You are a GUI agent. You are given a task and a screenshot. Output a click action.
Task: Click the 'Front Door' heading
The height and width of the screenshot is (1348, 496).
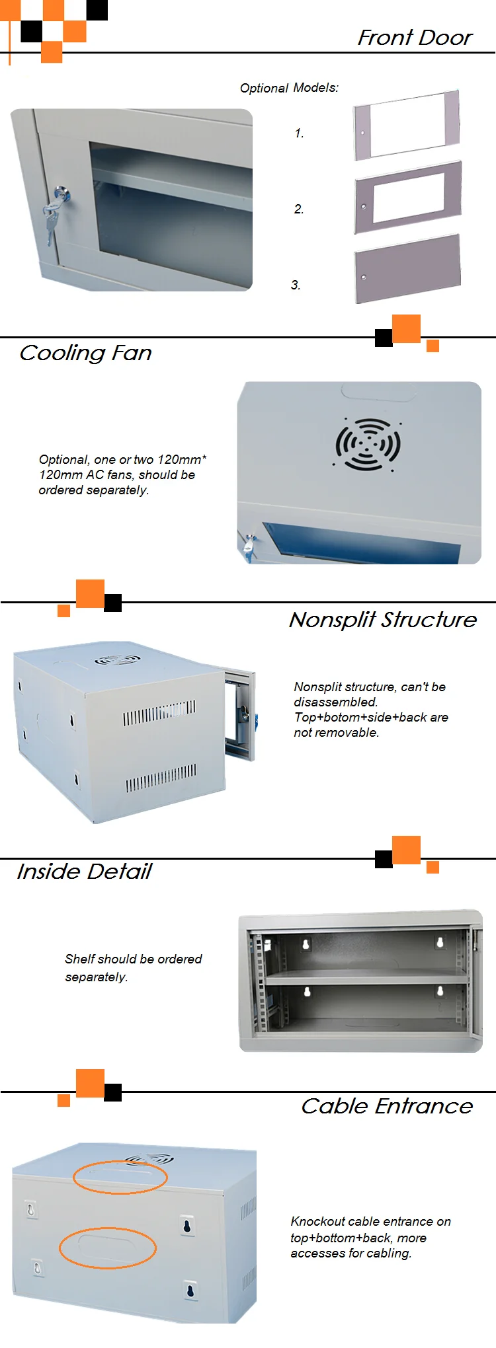point(415,38)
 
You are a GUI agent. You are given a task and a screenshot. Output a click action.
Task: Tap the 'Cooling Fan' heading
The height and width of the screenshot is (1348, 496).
point(85,353)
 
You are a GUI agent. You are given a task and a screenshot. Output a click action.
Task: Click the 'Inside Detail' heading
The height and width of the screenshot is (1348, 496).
point(84,872)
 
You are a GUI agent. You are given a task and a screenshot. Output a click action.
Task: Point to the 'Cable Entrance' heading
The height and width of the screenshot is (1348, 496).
point(387,1106)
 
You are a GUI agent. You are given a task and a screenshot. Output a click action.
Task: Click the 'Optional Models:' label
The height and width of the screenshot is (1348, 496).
point(289,88)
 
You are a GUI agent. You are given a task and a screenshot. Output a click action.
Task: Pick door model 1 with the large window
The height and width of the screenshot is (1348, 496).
point(406,125)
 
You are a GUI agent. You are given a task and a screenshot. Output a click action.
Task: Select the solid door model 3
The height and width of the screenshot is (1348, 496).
point(407,268)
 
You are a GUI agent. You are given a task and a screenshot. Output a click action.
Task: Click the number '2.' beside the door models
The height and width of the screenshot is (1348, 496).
point(299,209)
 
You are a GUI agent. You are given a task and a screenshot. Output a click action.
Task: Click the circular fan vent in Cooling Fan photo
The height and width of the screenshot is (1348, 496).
point(368,444)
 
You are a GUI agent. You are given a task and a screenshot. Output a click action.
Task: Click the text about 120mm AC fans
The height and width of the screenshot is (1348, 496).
point(122,475)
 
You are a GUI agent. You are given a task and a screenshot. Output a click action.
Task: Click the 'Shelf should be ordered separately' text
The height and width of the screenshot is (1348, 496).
point(133,967)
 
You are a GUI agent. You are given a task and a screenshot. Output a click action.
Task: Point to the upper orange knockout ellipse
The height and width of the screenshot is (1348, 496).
point(120,1177)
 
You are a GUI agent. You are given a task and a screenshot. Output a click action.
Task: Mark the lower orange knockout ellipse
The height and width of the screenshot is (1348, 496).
point(108,1248)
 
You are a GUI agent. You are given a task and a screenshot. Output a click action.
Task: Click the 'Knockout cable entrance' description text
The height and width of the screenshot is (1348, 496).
point(370,1237)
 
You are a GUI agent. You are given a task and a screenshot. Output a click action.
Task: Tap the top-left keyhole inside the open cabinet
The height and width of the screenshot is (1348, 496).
point(306,944)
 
